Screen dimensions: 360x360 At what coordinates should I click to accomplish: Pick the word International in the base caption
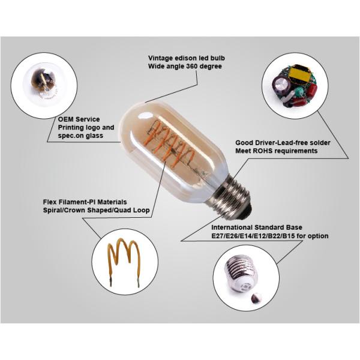point(235,228)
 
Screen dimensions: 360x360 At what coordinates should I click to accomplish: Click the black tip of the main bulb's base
point(247,208)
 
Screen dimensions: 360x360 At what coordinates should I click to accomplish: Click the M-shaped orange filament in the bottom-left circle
point(124,256)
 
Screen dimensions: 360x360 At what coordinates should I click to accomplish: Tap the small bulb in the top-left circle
point(41,84)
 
